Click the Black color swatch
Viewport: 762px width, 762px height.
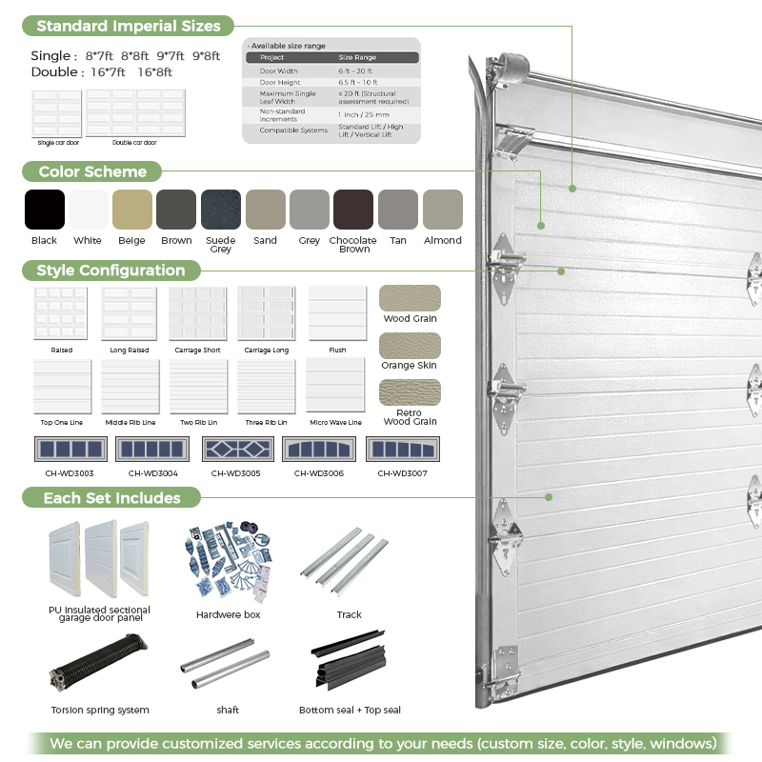click(44, 210)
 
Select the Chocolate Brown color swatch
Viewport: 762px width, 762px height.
click(353, 210)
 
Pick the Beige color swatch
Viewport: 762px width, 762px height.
click(132, 210)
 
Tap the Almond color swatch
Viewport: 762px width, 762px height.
click(442, 210)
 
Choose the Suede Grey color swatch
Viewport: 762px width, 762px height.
click(221, 210)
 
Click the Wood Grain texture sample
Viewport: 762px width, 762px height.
click(410, 298)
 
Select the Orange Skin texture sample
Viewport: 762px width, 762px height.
click(410, 345)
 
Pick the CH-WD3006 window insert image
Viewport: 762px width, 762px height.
click(319, 449)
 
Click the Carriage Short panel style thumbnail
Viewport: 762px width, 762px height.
click(198, 313)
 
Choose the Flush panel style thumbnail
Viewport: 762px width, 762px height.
click(337, 313)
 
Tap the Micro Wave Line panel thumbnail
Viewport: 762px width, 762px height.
click(335, 386)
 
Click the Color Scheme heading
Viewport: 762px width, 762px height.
click(92, 171)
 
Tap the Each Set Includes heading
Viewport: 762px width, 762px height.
click(111, 497)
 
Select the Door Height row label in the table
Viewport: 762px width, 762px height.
click(281, 83)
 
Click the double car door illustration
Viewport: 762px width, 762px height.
click(135, 113)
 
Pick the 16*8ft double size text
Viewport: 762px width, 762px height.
click(155, 72)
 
